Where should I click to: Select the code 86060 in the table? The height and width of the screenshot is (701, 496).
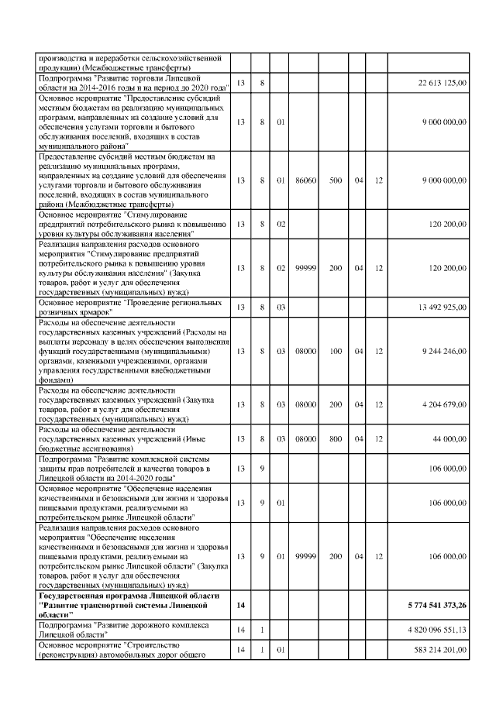(305, 180)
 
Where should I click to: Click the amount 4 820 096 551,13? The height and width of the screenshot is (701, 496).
(434, 631)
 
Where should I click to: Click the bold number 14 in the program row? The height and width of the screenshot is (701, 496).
(239, 605)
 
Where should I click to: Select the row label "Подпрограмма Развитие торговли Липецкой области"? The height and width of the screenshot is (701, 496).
(124, 83)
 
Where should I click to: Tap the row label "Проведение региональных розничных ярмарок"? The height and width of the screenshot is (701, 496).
(124, 307)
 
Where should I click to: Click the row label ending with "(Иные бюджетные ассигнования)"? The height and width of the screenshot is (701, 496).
(124, 438)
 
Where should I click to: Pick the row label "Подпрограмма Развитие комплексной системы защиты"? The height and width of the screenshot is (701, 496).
(124, 469)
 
